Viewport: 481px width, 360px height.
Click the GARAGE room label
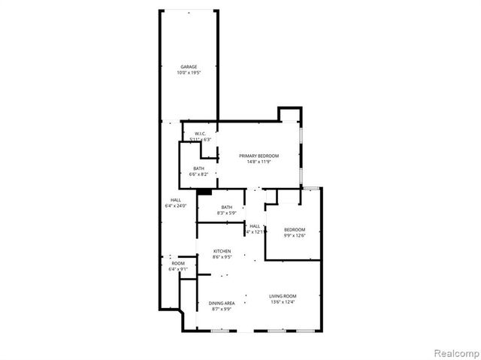(x=188, y=67)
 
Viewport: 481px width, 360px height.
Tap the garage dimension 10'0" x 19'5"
(x=188, y=73)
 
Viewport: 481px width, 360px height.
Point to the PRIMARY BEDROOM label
(x=259, y=156)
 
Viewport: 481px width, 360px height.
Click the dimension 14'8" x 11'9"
(x=259, y=162)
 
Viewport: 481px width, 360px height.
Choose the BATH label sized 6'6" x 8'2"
(x=198, y=168)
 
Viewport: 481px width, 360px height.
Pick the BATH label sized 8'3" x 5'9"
(x=226, y=207)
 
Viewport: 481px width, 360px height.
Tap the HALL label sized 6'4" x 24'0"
(x=175, y=200)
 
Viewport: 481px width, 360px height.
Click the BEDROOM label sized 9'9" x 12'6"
(x=295, y=229)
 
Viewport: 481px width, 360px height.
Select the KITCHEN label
(x=222, y=251)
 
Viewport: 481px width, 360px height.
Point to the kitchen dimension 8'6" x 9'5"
(x=222, y=257)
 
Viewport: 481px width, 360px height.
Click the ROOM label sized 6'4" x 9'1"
(x=178, y=263)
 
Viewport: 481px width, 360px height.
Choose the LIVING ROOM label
(x=283, y=296)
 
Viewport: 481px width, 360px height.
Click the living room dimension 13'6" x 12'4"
(x=283, y=302)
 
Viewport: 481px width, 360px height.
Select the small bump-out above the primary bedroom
(x=289, y=113)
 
